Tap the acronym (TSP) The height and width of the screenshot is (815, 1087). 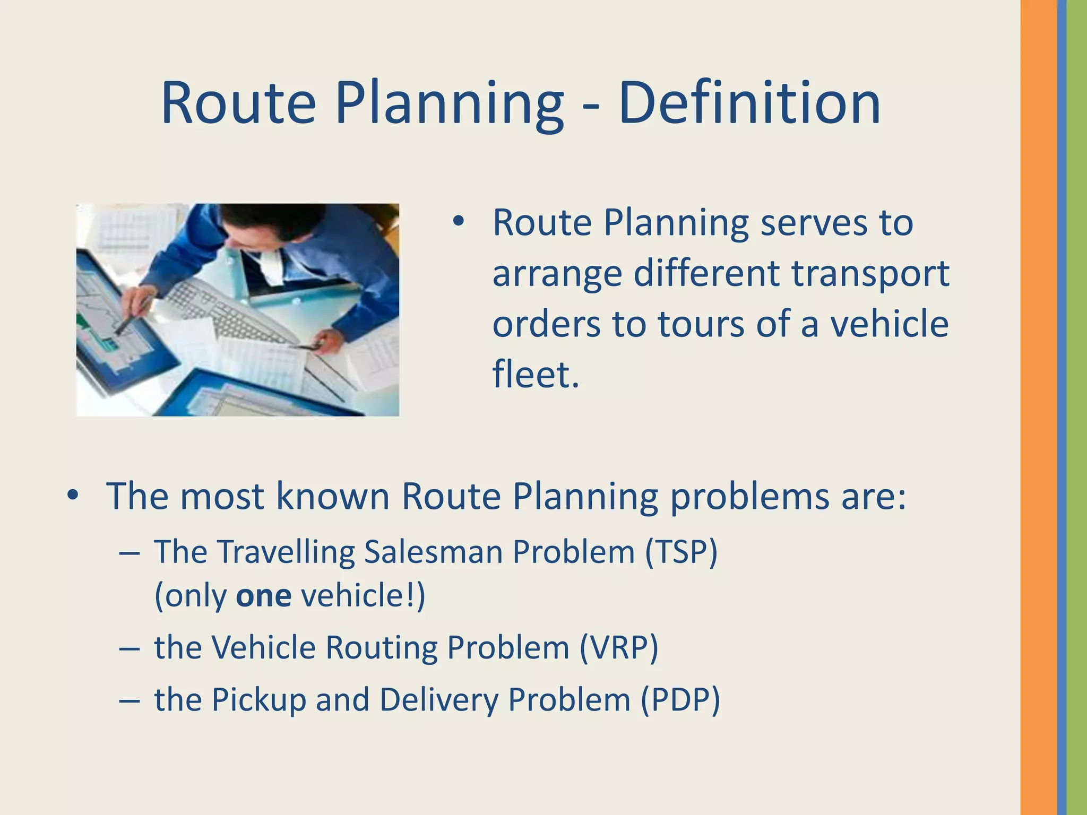681,552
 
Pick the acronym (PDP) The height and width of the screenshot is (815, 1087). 680,699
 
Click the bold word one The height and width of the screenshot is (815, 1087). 263,595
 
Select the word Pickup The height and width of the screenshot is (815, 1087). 258,699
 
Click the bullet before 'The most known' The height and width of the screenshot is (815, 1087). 73,496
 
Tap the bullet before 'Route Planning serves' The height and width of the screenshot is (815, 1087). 459,222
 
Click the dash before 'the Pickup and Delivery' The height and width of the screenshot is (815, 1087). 130,700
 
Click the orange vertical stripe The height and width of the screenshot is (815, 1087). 1038,407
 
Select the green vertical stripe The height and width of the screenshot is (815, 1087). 1077,407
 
